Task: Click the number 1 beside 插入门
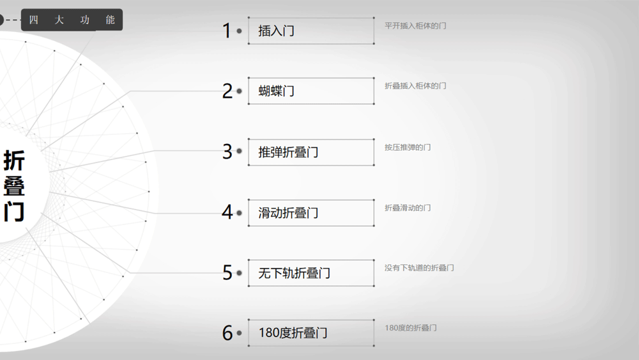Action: tap(226, 31)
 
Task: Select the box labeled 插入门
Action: tap(311, 31)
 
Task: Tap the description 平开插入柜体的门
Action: tap(415, 26)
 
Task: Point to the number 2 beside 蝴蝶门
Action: tap(227, 91)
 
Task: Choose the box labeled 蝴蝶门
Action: tap(311, 91)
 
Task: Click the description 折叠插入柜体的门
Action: tap(415, 86)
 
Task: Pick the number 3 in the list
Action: tap(227, 152)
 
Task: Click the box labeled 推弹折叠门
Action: tap(311, 152)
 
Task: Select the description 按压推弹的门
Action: tap(408, 147)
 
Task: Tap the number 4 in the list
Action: tap(227, 212)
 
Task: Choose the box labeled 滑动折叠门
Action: tap(311, 212)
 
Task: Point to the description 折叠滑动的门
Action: tap(408, 208)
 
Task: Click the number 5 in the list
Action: tap(227, 273)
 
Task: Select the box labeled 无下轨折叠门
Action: tap(311, 273)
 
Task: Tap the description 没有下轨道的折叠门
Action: tap(419, 268)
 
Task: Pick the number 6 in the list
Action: tap(227, 333)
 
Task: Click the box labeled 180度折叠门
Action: tap(311, 333)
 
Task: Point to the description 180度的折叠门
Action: tap(411, 328)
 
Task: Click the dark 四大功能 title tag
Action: tap(72, 20)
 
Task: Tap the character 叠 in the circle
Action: tap(14, 186)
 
